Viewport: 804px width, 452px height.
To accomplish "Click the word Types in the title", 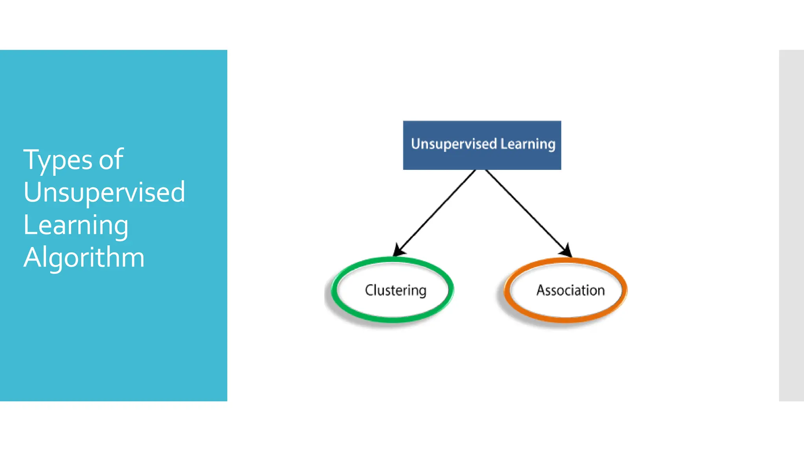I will [58, 160].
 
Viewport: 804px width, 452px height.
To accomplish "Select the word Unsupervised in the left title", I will [104, 192].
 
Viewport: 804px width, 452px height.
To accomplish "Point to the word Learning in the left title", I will [76, 225].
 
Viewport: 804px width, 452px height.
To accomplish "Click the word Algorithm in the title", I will [84, 257].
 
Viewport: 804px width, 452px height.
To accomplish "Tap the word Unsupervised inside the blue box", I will [454, 144].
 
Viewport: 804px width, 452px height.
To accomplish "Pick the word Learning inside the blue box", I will [528, 144].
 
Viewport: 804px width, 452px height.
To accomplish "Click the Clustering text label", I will [395, 290].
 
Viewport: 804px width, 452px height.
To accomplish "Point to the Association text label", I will [570, 290].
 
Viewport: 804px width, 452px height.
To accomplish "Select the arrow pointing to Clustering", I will [436, 212].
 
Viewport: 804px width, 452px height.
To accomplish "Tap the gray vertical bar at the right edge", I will [791, 225].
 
